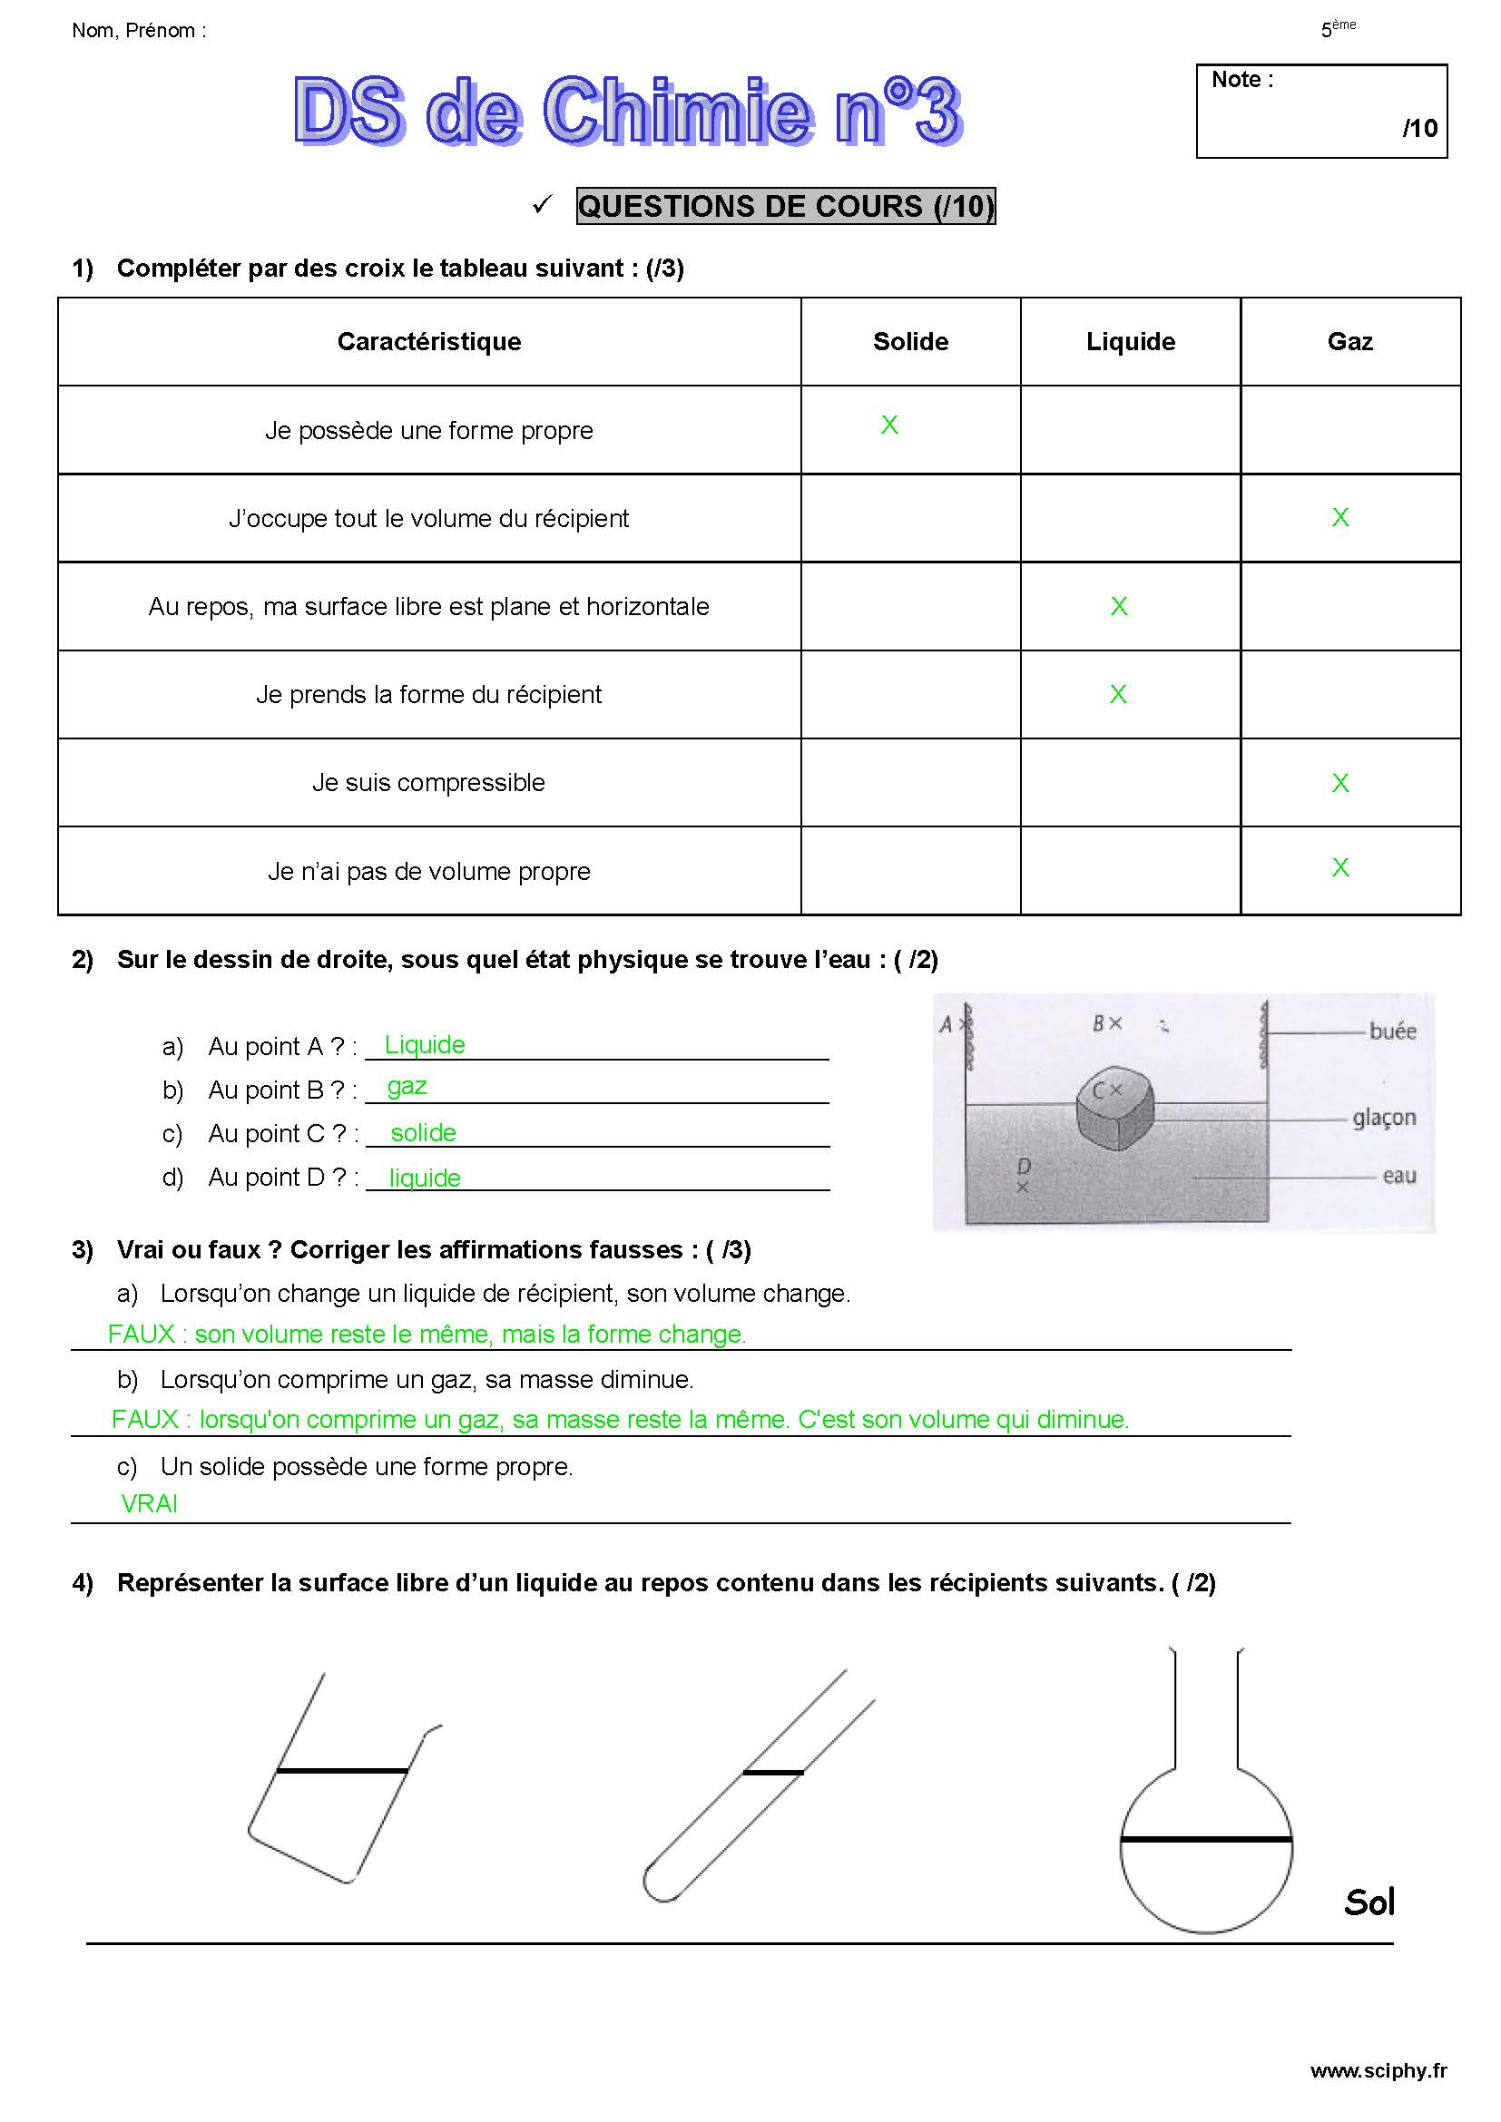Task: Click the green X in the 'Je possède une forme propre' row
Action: [889, 425]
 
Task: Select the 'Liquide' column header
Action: [1131, 342]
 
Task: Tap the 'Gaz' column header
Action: [1349, 342]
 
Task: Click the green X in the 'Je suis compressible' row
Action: [1340, 783]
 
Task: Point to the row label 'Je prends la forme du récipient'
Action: [429, 694]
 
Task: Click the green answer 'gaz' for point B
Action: [407, 1086]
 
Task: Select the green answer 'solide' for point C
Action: [423, 1132]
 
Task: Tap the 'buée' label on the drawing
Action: [1392, 1031]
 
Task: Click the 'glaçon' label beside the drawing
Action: [1384, 1118]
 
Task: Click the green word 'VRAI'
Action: [149, 1503]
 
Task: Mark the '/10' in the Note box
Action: [1419, 128]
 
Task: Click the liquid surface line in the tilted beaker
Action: [342, 1771]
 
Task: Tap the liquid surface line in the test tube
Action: [772, 1773]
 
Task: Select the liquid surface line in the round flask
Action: [1205, 1840]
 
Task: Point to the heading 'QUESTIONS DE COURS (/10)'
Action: [786, 206]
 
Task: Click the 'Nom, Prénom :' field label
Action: [139, 31]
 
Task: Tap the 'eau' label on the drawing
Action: [1399, 1176]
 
